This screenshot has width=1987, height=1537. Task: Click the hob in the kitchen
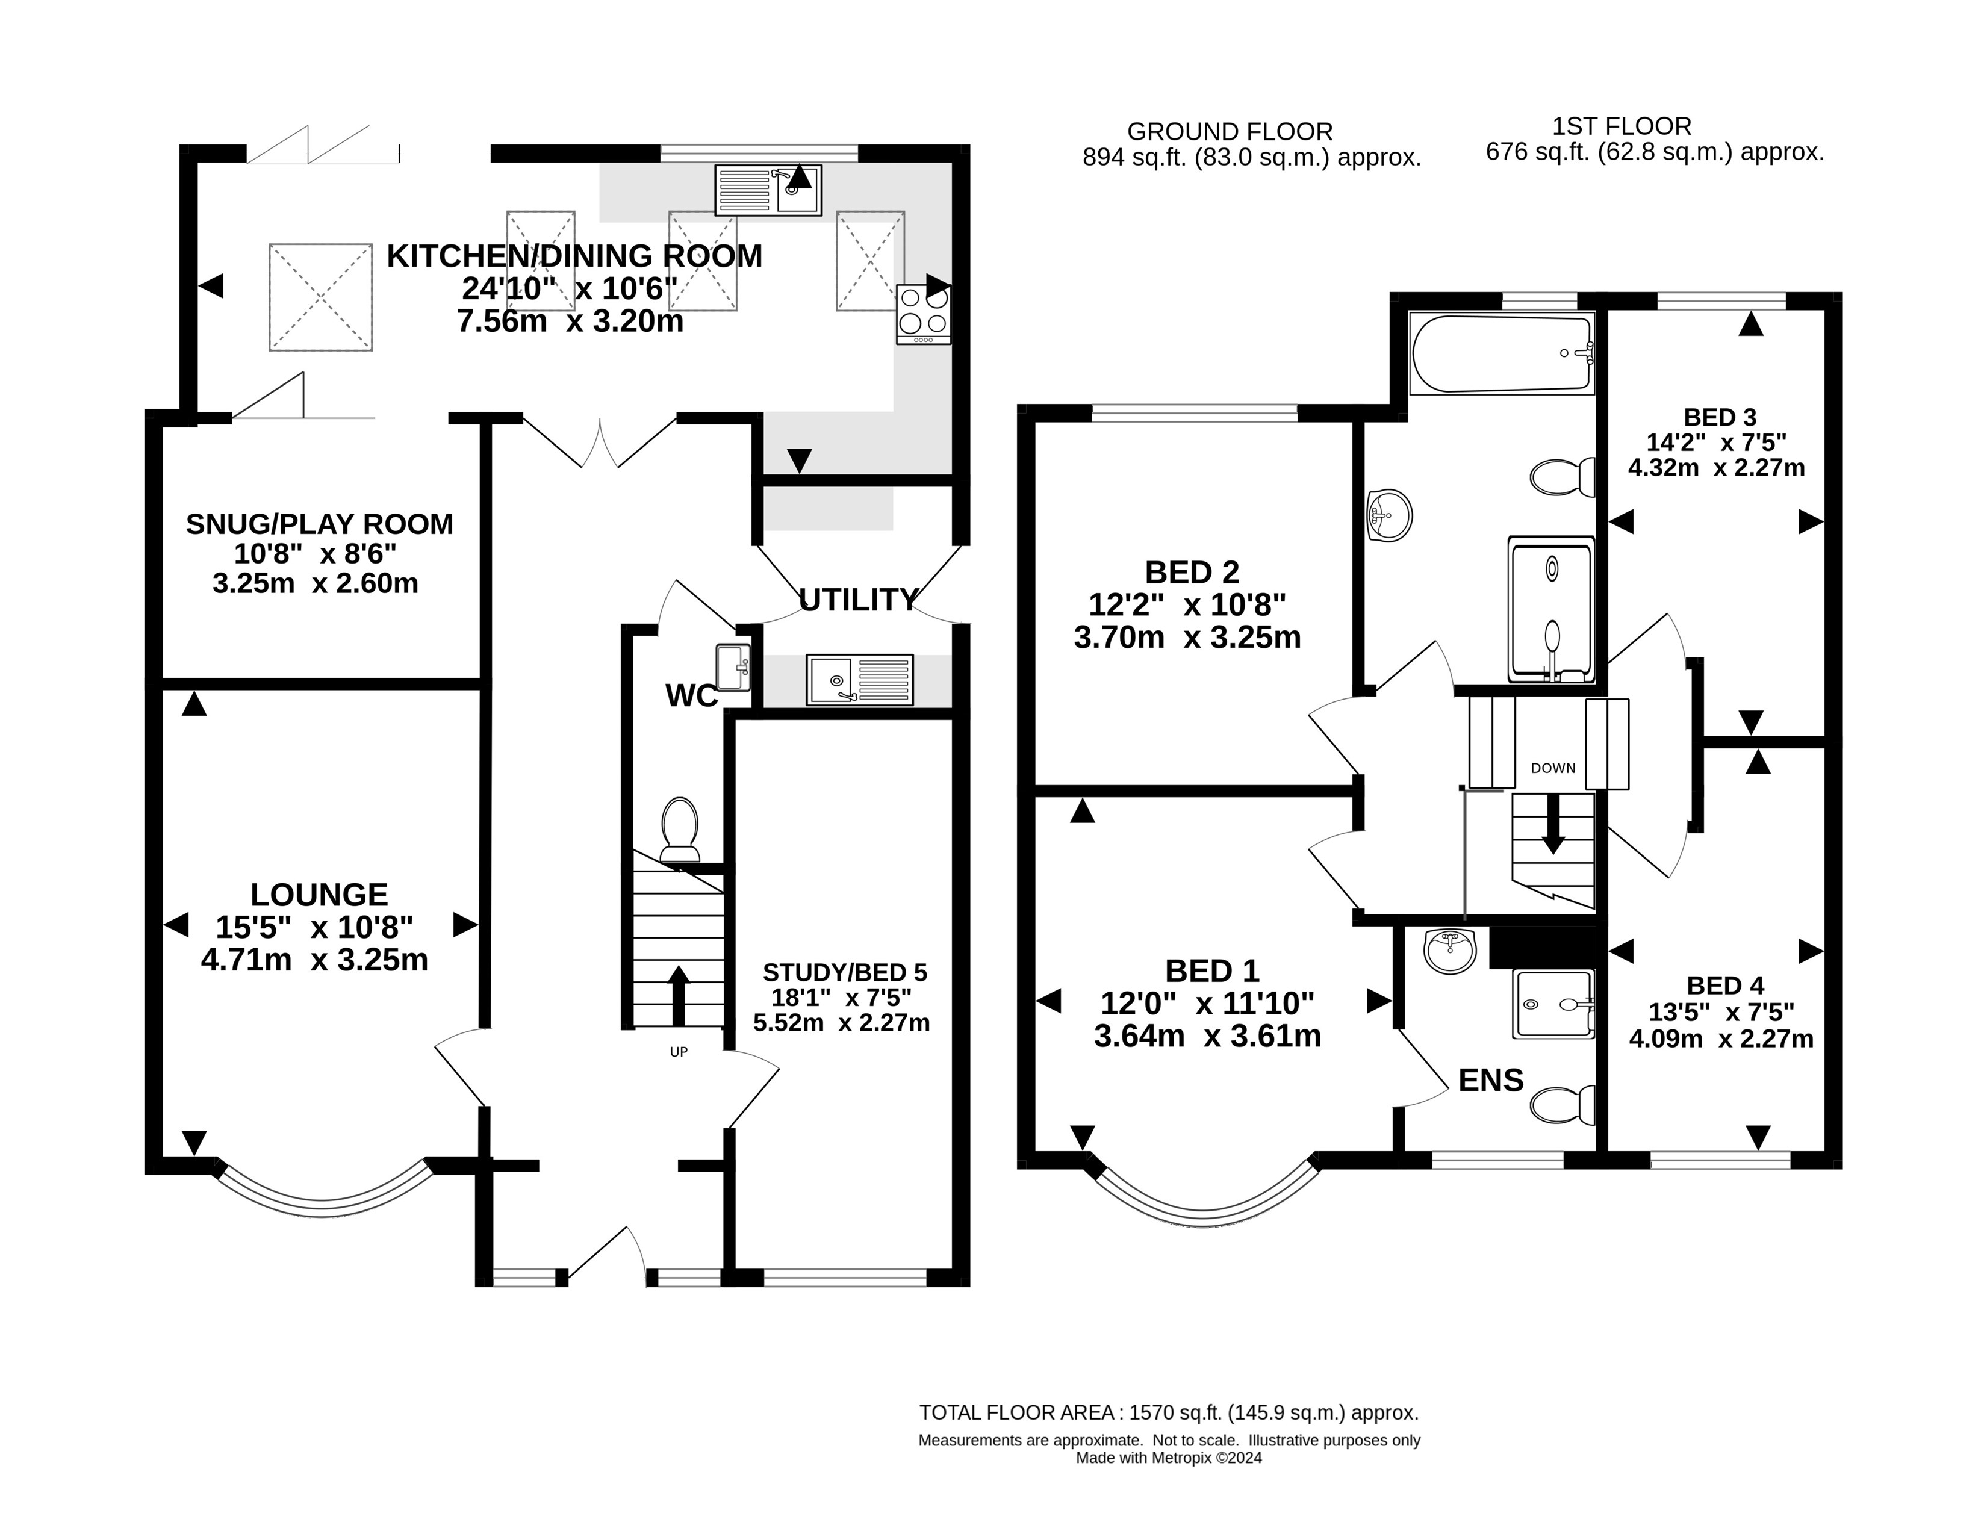tap(924, 314)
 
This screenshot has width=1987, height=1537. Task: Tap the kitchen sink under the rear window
tap(768, 190)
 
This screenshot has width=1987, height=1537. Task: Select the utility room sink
tap(859, 679)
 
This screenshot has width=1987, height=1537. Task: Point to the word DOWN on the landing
tap(1553, 768)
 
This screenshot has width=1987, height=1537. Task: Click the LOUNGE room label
tap(319, 895)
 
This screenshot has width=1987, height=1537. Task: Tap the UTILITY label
tap(858, 600)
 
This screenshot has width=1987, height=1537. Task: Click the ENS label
tap(1491, 1081)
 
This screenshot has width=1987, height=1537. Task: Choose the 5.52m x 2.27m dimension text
tap(842, 1023)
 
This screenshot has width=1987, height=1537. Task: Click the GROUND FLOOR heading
tap(1230, 132)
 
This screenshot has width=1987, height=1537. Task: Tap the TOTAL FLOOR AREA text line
tap(1169, 1412)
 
